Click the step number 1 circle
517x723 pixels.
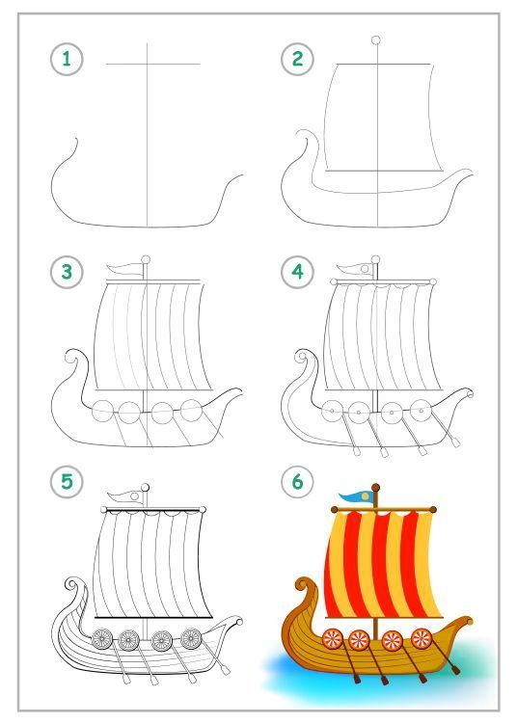(x=67, y=59)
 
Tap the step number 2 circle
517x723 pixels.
(x=297, y=59)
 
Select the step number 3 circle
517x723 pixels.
(x=67, y=272)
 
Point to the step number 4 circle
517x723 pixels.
(x=297, y=272)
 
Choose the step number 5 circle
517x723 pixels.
(x=67, y=482)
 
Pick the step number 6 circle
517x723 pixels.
(x=297, y=482)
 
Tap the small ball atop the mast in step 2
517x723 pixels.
(x=376, y=40)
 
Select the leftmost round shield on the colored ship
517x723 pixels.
(x=332, y=638)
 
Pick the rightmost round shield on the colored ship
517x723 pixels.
(x=422, y=638)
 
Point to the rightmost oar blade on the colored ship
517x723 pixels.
(x=455, y=670)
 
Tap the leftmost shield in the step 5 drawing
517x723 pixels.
(x=101, y=639)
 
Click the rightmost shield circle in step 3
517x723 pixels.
(x=191, y=410)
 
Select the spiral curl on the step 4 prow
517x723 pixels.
(x=303, y=357)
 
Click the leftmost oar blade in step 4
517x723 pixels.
(x=356, y=451)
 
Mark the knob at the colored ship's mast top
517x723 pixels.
(x=376, y=488)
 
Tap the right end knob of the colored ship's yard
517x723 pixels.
(x=432, y=510)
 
